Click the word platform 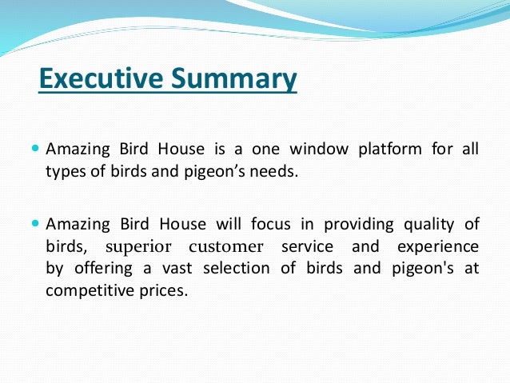click(x=391, y=150)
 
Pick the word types click(x=66, y=171)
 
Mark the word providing click(x=350, y=225)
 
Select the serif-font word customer click(x=226, y=246)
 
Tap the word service click(x=305, y=246)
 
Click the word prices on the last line click(x=163, y=289)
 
